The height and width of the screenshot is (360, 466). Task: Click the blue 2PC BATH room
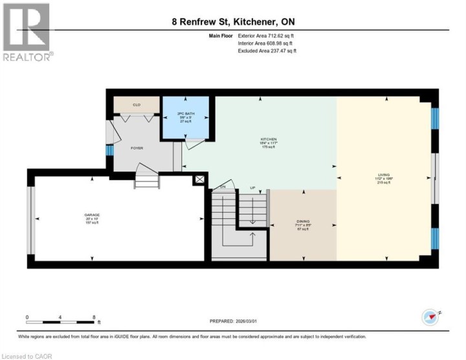(x=186, y=117)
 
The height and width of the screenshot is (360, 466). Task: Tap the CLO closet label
(x=137, y=104)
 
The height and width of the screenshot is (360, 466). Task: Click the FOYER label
(x=137, y=148)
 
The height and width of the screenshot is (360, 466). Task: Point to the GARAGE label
(x=92, y=216)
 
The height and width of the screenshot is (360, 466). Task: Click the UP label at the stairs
(x=253, y=188)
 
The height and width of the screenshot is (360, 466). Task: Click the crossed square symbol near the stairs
(x=199, y=179)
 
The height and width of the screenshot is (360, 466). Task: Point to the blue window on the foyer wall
(x=109, y=150)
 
